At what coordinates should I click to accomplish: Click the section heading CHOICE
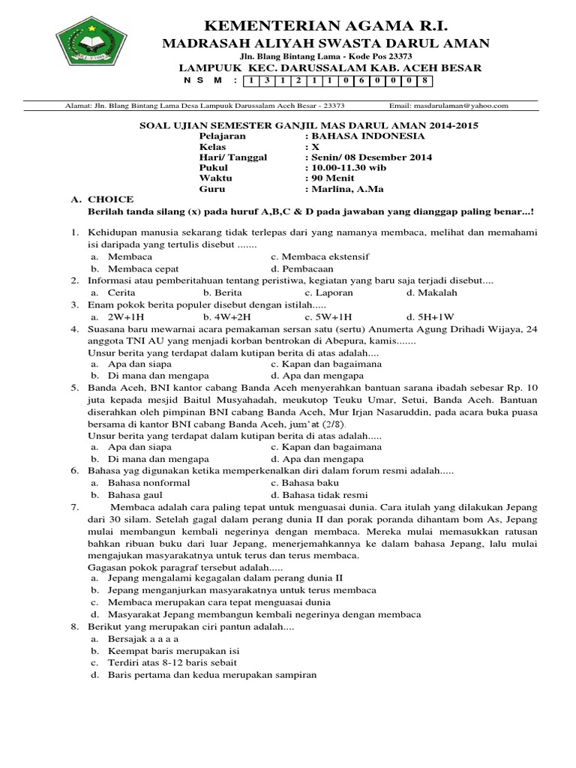[x=110, y=199]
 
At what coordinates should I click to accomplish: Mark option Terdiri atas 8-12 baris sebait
[x=172, y=663]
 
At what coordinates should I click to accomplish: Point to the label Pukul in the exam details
[x=212, y=167]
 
